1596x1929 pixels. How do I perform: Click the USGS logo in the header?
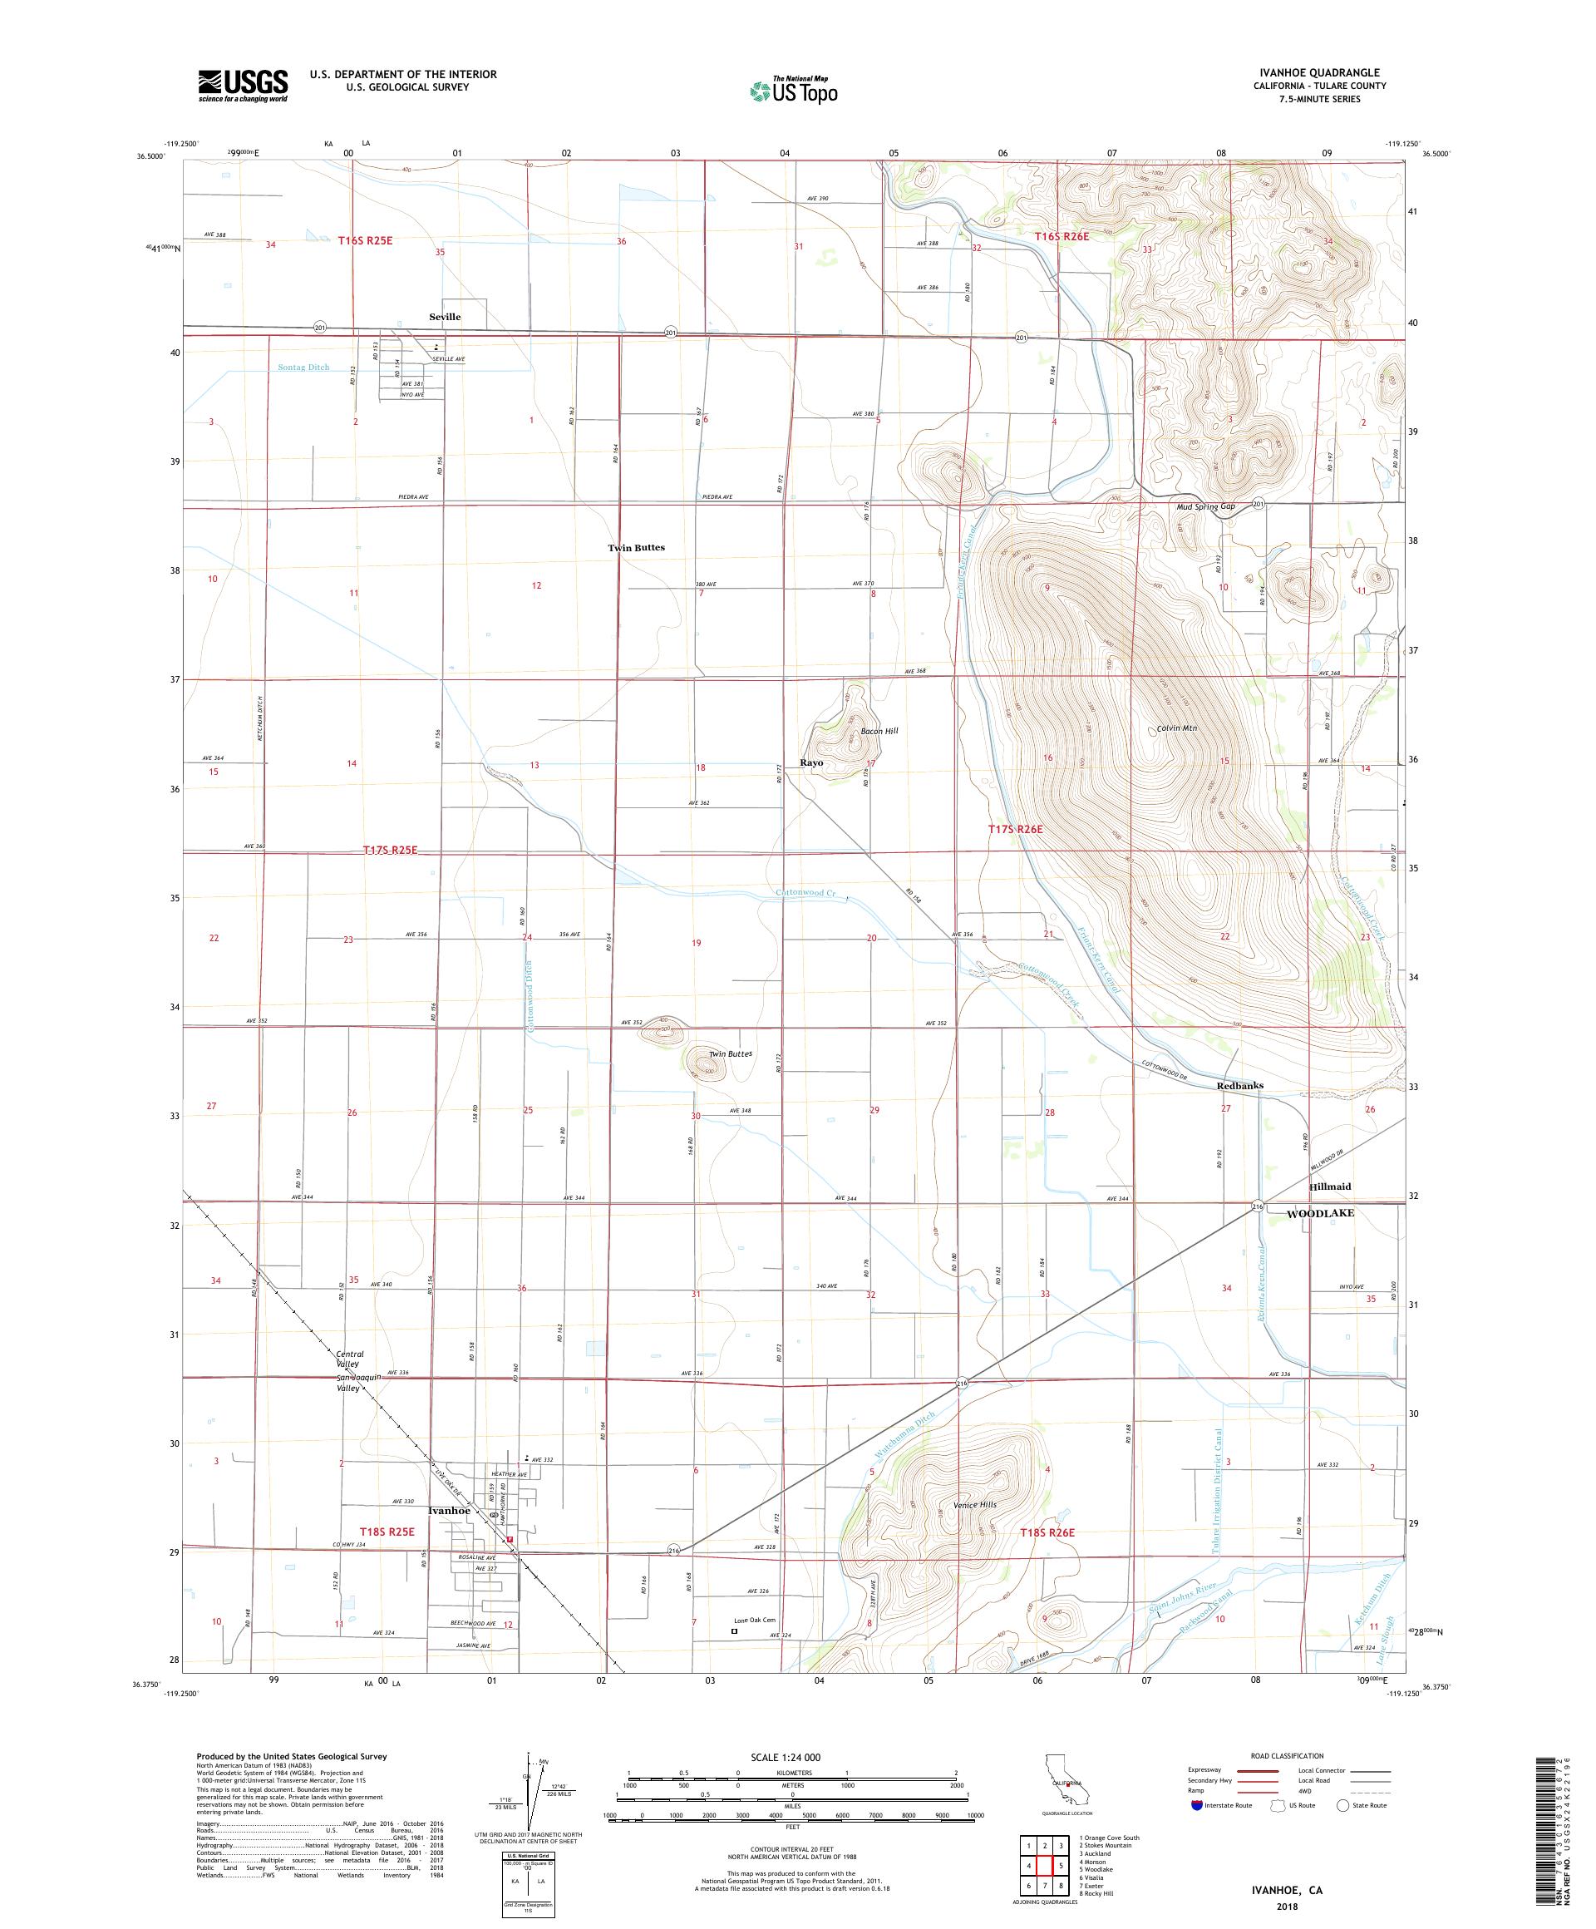point(243,86)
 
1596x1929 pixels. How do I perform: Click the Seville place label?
point(445,317)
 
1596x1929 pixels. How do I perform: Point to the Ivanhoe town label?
point(449,1510)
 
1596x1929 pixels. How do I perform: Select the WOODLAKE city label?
point(1319,1213)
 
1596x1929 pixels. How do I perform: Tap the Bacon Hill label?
point(879,731)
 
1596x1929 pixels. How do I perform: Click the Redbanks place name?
point(1239,1086)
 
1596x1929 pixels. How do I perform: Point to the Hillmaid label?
point(1329,1187)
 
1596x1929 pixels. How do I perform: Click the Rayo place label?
point(810,763)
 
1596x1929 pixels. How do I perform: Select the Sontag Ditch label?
point(303,368)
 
